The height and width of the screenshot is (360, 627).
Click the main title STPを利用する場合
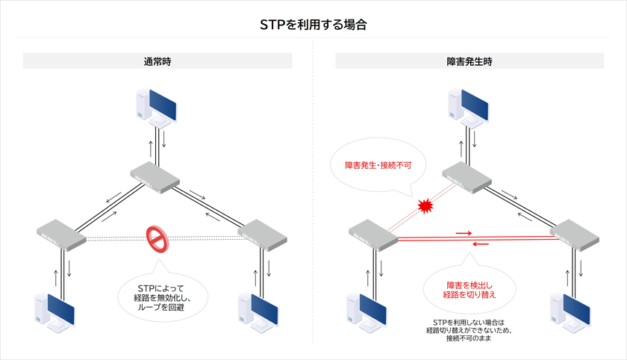click(x=313, y=24)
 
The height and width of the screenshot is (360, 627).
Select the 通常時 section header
click(x=157, y=61)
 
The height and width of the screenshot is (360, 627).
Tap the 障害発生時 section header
click(x=469, y=61)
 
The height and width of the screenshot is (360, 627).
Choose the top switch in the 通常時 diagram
click(x=155, y=176)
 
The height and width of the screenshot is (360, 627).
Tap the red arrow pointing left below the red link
click(x=481, y=243)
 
